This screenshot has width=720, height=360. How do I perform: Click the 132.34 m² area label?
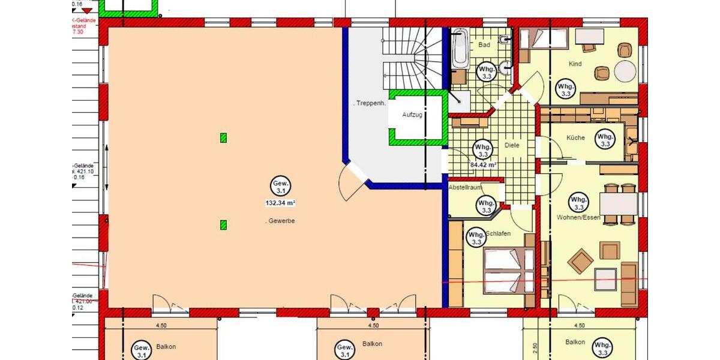click(x=280, y=203)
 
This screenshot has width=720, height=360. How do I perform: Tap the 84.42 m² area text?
click(x=483, y=164)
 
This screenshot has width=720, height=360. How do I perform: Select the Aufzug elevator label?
click(x=413, y=114)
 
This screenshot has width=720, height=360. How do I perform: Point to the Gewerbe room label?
click(x=280, y=221)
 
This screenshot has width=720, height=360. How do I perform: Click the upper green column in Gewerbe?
click(x=224, y=138)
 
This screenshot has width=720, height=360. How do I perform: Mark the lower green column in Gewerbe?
click(x=224, y=225)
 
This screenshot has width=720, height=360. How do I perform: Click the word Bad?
click(x=485, y=45)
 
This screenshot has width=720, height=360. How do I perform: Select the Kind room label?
click(x=575, y=64)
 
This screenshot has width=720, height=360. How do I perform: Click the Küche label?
click(x=575, y=138)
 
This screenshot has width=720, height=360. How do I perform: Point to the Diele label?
click(x=512, y=145)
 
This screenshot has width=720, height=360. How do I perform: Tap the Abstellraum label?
click(x=465, y=188)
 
